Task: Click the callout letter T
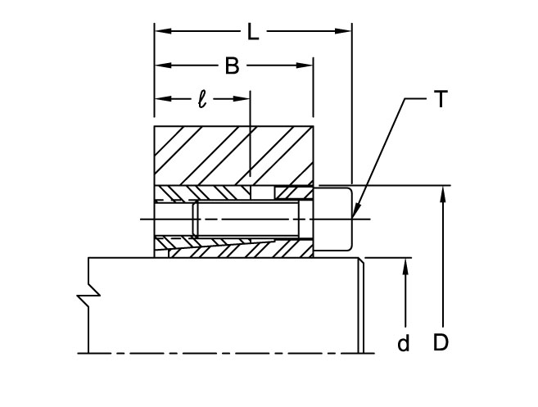440,101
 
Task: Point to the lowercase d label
403,344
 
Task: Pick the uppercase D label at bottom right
441,343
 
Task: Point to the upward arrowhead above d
405,265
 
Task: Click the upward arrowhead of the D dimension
441,192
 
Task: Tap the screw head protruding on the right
333,219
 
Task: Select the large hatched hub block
233,154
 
